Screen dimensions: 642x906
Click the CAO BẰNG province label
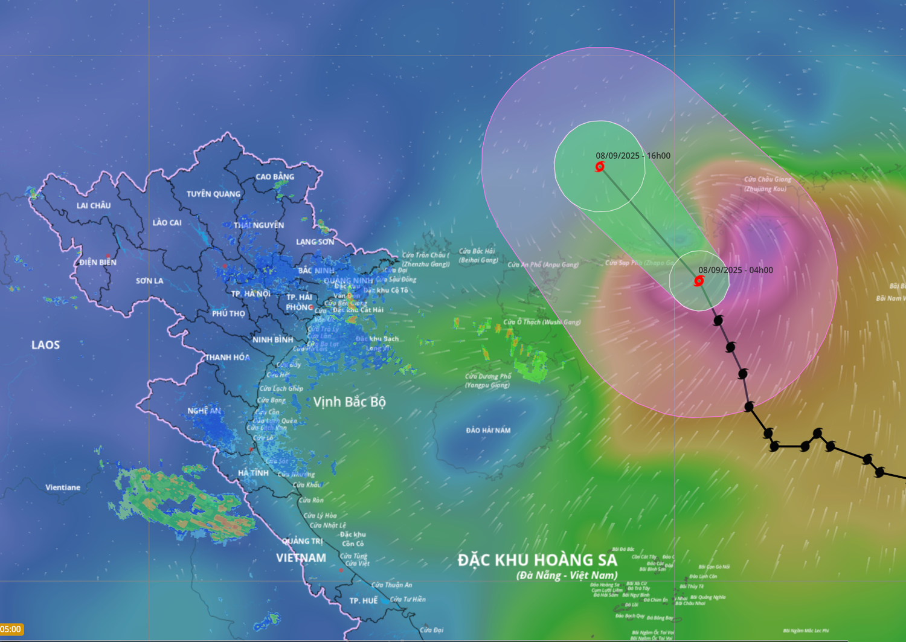click(275, 177)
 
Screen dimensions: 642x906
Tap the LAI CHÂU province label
click(94, 205)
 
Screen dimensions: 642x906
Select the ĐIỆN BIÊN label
click(98, 262)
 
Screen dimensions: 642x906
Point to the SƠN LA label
click(149, 281)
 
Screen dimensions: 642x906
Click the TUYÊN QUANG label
click(213, 194)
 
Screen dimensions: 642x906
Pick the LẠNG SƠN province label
click(315, 242)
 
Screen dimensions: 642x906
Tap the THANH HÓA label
click(227, 357)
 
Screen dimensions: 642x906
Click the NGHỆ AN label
click(204, 411)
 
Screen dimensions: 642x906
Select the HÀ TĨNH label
click(253, 473)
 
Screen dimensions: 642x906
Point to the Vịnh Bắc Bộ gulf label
click(349, 402)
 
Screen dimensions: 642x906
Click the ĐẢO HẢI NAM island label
click(488, 431)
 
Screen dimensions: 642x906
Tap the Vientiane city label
click(63, 487)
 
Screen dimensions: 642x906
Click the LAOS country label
click(46, 345)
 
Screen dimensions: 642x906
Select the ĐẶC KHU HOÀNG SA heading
click(537, 560)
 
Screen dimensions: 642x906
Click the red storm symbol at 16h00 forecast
click(600, 167)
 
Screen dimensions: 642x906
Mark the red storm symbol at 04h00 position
click(699, 281)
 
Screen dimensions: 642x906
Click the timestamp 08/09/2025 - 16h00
click(633, 156)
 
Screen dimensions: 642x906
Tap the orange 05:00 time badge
click(11, 629)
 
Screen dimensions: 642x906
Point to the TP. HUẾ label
click(364, 601)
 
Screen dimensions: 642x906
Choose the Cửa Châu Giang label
click(767, 179)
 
